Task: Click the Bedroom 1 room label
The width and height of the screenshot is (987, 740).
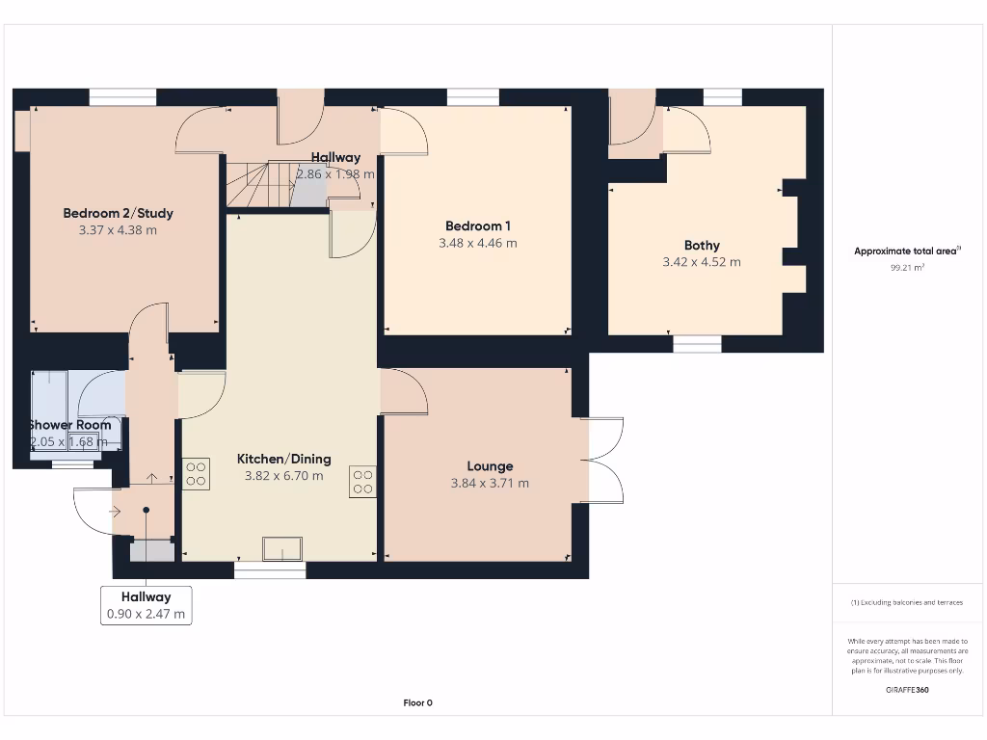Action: (478, 225)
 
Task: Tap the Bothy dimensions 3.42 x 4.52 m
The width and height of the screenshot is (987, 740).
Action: (702, 262)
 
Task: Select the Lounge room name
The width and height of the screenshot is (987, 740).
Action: (490, 466)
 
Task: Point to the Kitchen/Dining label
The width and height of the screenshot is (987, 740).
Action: (284, 460)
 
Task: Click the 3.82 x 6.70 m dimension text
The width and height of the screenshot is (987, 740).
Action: (284, 476)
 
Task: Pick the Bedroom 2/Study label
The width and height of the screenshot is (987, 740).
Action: (118, 213)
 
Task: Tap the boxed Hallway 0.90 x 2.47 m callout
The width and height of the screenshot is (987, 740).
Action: (147, 605)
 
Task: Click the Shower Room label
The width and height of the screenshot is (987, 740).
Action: (69, 425)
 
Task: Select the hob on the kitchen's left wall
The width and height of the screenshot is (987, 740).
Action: (196, 474)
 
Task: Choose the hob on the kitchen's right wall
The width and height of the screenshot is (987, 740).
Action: (362, 482)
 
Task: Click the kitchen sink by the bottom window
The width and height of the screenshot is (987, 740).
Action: (282, 548)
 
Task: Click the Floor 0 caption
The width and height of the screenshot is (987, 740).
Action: (418, 702)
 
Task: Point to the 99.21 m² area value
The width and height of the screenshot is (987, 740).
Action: (907, 268)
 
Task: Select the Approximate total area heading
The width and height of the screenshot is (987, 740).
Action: (907, 251)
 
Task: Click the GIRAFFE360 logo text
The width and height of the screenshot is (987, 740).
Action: (907, 690)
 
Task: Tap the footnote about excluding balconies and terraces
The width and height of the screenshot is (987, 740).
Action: (907, 603)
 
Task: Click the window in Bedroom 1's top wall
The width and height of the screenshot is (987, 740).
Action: (472, 97)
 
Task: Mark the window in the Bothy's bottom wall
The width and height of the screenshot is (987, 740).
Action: (697, 344)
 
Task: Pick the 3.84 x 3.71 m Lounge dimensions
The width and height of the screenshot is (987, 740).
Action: (490, 484)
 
